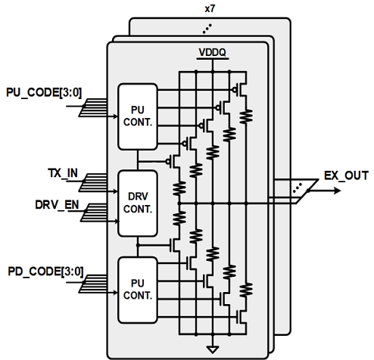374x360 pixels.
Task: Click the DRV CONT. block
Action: (138, 202)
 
